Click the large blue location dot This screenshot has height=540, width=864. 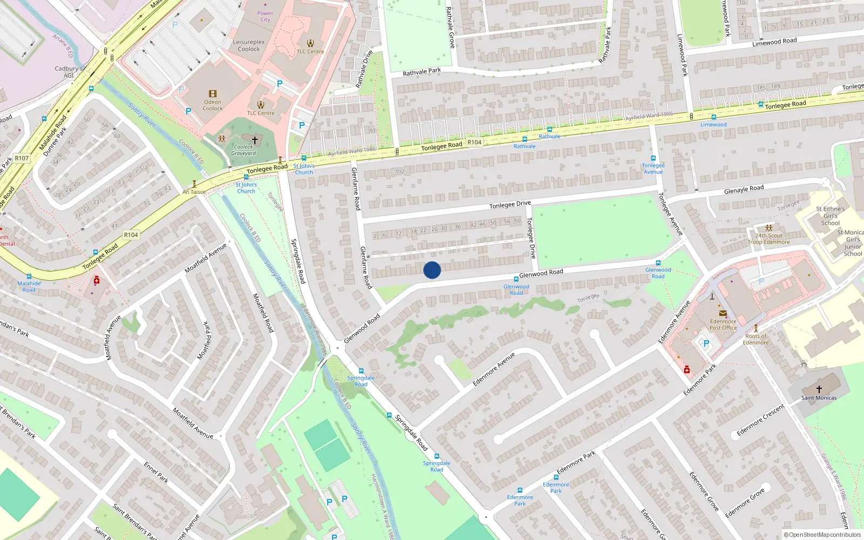click(x=432, y=270)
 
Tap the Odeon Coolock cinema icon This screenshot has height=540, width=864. click(x=213, y=94)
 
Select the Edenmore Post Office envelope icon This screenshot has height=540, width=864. click(x=723, y=313)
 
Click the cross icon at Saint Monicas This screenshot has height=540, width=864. click(x=819, y=389)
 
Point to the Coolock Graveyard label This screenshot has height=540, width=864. click(x=244, y=150)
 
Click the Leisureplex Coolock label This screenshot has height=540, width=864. click(x=249, y=45)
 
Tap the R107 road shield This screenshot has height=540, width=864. click(x=22, y=158)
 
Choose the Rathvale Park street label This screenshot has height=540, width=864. click(x=422, y=72)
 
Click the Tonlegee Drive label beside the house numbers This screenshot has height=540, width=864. click(x=510, y=204)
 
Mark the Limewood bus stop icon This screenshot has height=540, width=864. click(x=713, y=117)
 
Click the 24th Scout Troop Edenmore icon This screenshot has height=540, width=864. click(x=768, y=228)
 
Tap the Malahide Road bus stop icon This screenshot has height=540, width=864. click(x=29, y=276)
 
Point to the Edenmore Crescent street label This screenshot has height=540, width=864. click(x=760, y=420)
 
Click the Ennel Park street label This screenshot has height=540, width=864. click(x=156, y=472)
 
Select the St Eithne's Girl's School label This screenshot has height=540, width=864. click(x=831, y=216)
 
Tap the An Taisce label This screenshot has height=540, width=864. click(x=194, y=192)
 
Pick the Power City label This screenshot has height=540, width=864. click(x=265, y=16)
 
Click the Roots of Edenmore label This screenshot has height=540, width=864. click(x=755, y=339)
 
